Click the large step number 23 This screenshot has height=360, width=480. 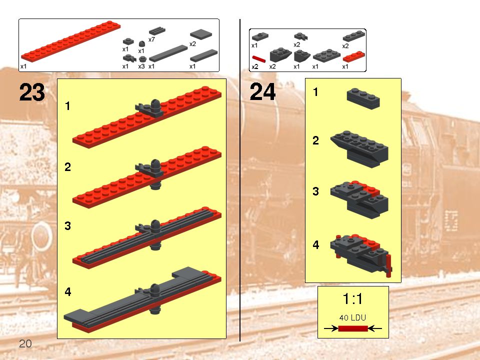tap(32, 93)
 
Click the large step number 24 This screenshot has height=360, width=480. tap(262, 93)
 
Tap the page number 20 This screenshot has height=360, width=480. tap(25, 343)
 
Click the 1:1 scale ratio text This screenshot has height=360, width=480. tap(352, 299)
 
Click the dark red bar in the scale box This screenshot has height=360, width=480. tap(352, 328)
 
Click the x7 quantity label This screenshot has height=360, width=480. tap(152, 39)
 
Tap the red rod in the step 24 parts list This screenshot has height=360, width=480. tap(259, 58)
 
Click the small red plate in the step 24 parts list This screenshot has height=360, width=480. tap(353, 56)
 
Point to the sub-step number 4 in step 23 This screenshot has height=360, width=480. tap(67, 291)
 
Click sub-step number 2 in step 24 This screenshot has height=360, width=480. tap(315, 140)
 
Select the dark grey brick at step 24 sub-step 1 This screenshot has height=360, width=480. tap(363, 98)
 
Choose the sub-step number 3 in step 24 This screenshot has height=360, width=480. tap(315, 191)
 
